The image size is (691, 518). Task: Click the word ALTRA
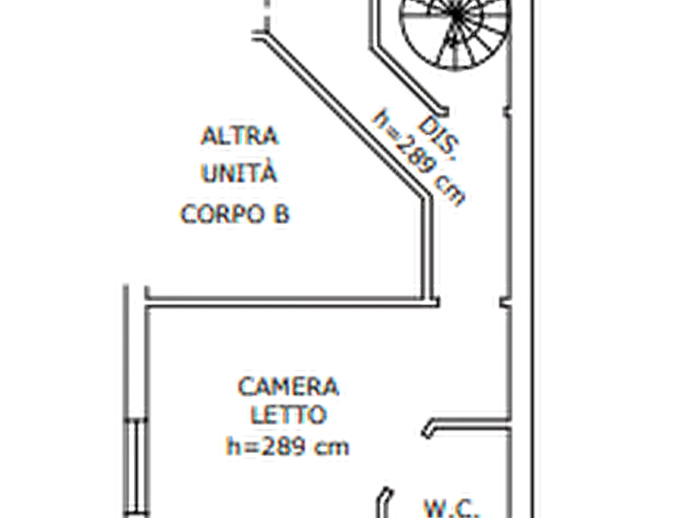(x=239, y=136)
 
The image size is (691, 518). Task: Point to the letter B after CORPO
(x=281, y=214)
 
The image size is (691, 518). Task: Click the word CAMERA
(x=288, y=387)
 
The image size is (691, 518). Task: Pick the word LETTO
(x=289, y=415)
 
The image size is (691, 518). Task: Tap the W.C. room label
(x=451, y=509)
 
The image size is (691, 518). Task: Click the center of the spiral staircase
(x=457, y=16)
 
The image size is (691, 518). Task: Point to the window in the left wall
(x=136, y=466)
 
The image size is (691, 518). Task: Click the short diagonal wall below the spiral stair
(x=408, y=80)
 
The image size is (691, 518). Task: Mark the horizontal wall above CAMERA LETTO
(x=292, y=302)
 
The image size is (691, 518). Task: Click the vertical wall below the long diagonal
(x=428, y=249)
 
